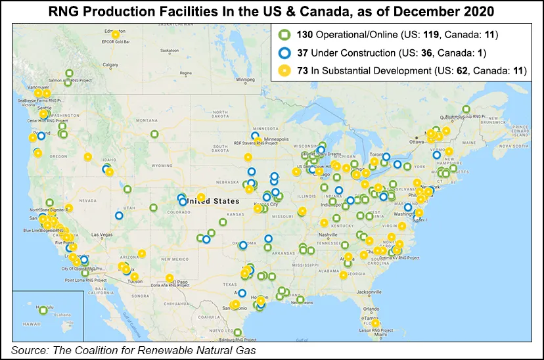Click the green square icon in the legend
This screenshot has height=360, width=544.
(x=284, y=35)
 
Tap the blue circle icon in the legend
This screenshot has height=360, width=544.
(x=284, y=53)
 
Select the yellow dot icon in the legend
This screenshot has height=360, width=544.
(x=284, y=70)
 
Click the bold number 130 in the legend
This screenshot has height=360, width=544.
(x=302, y=35)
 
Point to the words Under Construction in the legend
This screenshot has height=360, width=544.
(x=344, y=53)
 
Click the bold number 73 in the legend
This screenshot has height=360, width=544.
(x=300, y=70)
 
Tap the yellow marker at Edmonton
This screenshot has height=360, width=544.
(x=116, y=35)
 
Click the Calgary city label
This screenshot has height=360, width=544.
(x=110, y=64)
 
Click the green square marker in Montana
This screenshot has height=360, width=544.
(x=154, y=134)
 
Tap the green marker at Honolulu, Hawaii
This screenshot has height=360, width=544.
(x=43, y=310)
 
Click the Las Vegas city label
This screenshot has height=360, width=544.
(x=101, y=235)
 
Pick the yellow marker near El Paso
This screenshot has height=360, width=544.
(x=170, y=278)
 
